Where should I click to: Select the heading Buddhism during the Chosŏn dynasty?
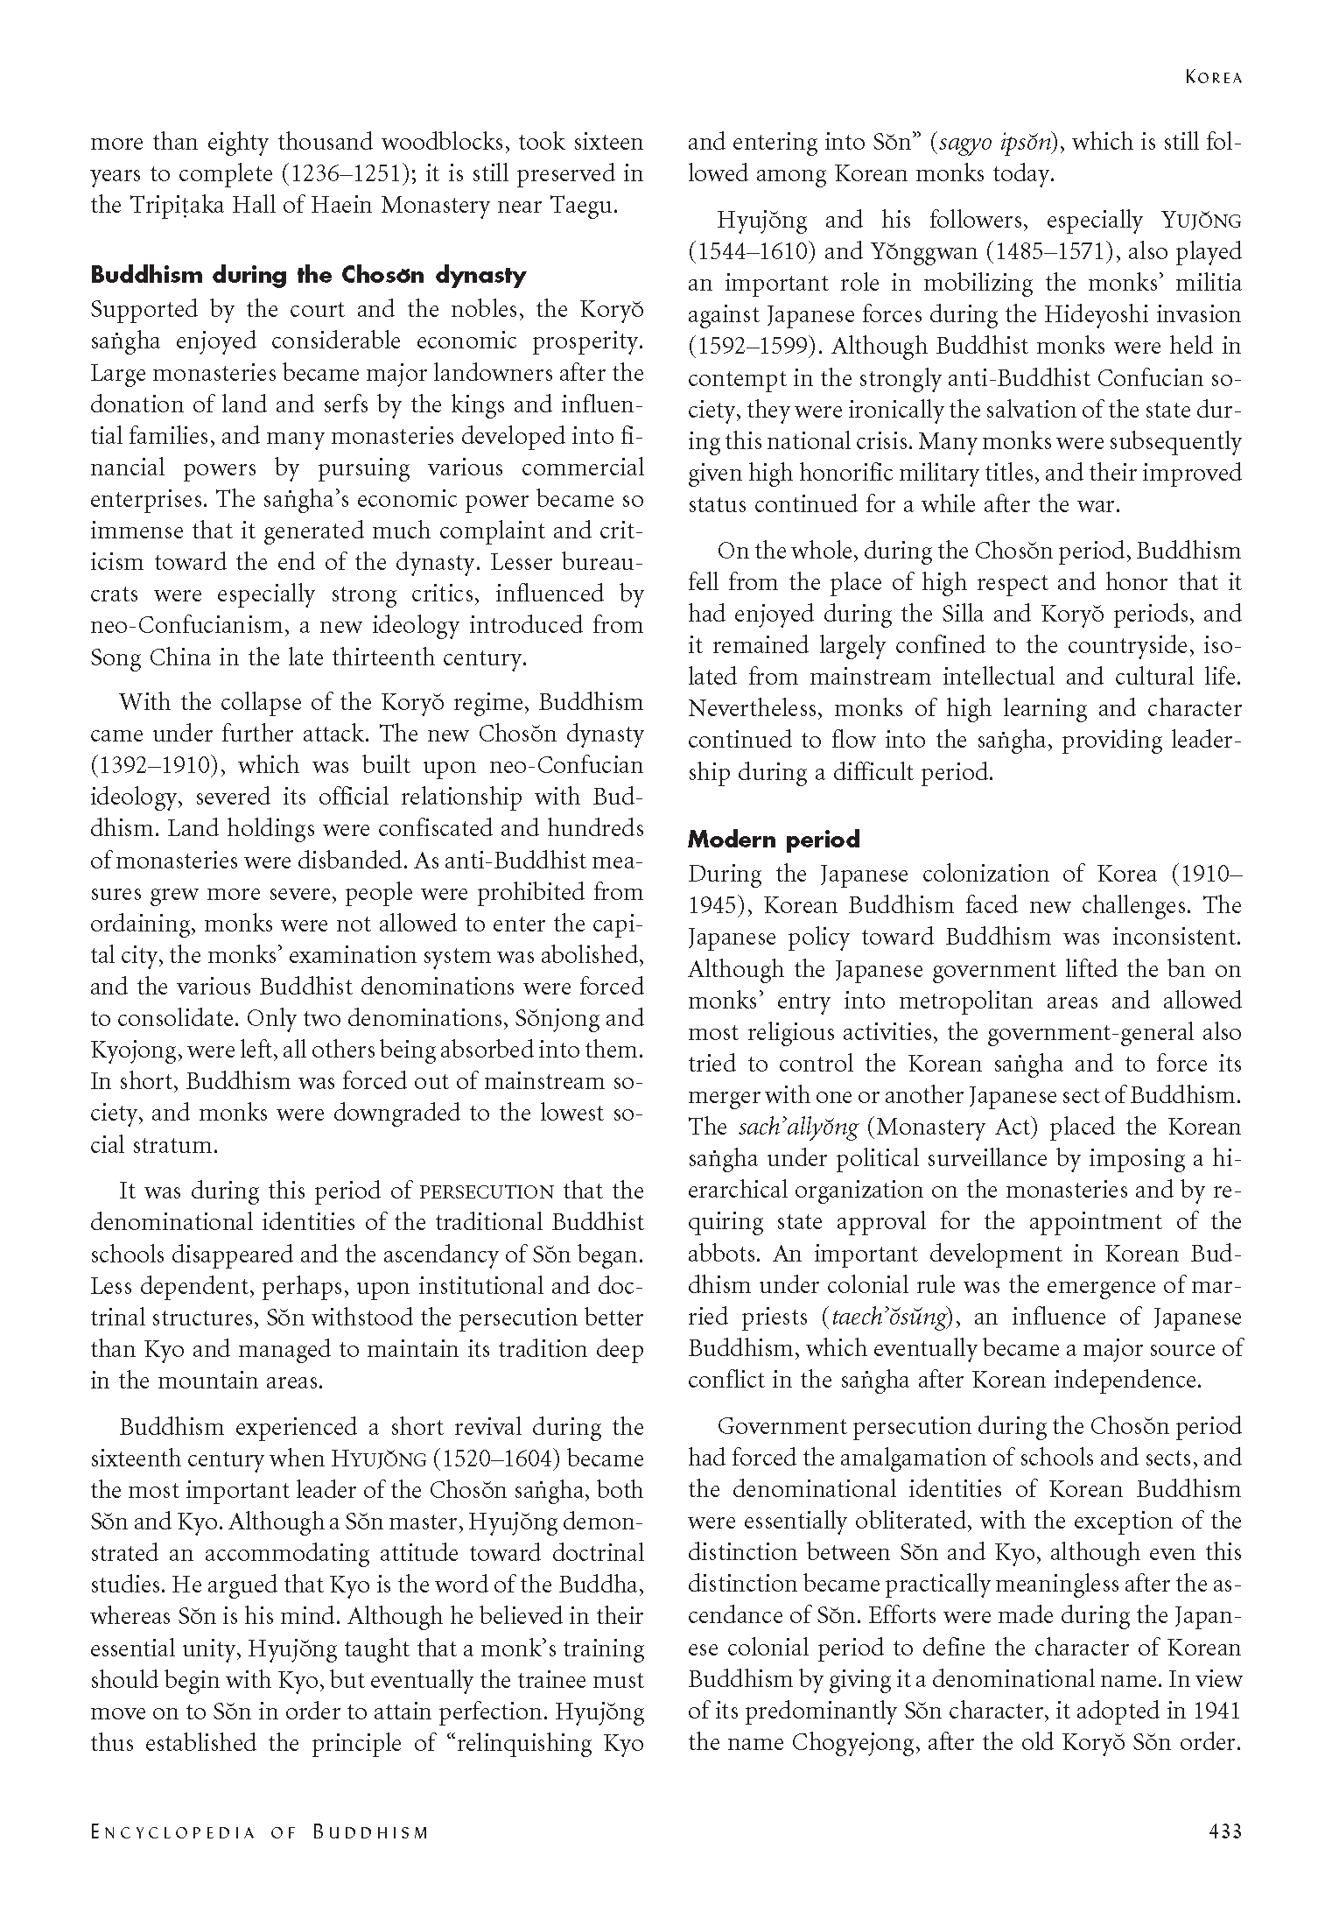point(308,275)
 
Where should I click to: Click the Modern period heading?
point(774,840)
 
